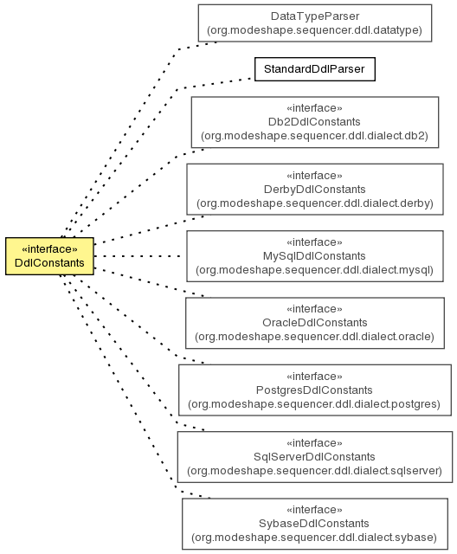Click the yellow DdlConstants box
tap(49, 256)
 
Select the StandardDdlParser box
tap(315, 69)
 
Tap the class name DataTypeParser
tap(315, 16)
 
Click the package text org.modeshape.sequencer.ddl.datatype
tap(315, 30)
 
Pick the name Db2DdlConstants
tap(314, 122)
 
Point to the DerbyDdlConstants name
tap(315, 190)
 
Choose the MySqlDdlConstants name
tap(314, 256)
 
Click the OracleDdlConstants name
tap(315, 323)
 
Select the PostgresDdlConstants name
tap(314, 390)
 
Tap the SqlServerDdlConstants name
tap(314, 457)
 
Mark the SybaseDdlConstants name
tap(314, 524)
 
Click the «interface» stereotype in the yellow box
tap(49, 249)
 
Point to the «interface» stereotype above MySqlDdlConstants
tap(314, 242)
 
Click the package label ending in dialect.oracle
tap(315, 337)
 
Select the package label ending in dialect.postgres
tap(314, 404)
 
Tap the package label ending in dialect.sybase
tap(314, 538)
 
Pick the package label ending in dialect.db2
tap(315, 136)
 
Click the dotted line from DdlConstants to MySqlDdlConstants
tap(138, 256)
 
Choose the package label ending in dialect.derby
tap(315, 203)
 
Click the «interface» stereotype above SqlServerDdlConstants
tap(314, 443)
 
